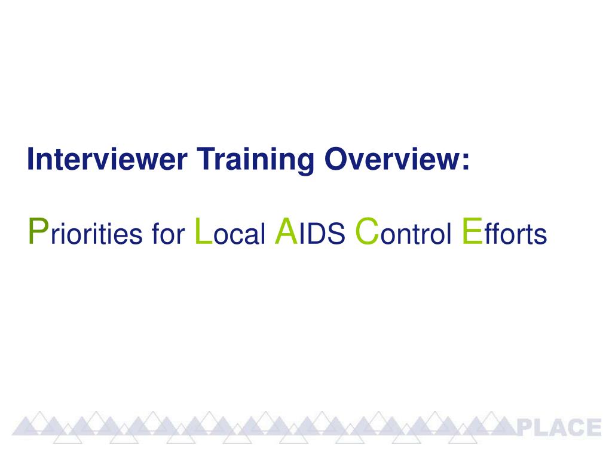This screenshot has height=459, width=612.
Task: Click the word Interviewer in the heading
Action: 108,160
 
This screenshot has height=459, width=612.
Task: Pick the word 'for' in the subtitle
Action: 170,234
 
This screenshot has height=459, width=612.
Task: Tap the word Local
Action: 230,233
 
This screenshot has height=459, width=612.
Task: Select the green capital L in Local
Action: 203,231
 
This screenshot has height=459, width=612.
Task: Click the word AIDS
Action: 310,233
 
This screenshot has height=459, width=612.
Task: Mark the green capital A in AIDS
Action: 285,231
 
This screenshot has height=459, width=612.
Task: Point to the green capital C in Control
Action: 366,231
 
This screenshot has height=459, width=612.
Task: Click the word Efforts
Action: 504,233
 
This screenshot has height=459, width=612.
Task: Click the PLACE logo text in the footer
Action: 558,428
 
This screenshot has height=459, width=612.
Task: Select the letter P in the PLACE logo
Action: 525,428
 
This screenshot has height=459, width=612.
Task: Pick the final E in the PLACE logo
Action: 592,428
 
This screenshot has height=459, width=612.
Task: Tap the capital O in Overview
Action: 334,160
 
